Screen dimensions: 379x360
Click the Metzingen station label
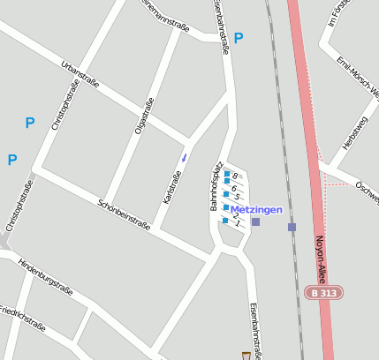point(257,209)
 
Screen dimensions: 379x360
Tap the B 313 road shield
point(324,292)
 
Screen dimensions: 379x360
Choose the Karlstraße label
point(172,186)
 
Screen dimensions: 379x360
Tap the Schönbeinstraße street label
point(124,213)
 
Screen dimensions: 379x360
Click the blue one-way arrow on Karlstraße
point(185,157)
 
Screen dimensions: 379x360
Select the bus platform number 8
point(236,176)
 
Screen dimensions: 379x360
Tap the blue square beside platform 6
point(227,185)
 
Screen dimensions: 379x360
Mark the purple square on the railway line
point(292,227)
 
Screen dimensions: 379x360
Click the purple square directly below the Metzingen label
point(255,221)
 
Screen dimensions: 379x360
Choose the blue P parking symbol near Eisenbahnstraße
point(239,38)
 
